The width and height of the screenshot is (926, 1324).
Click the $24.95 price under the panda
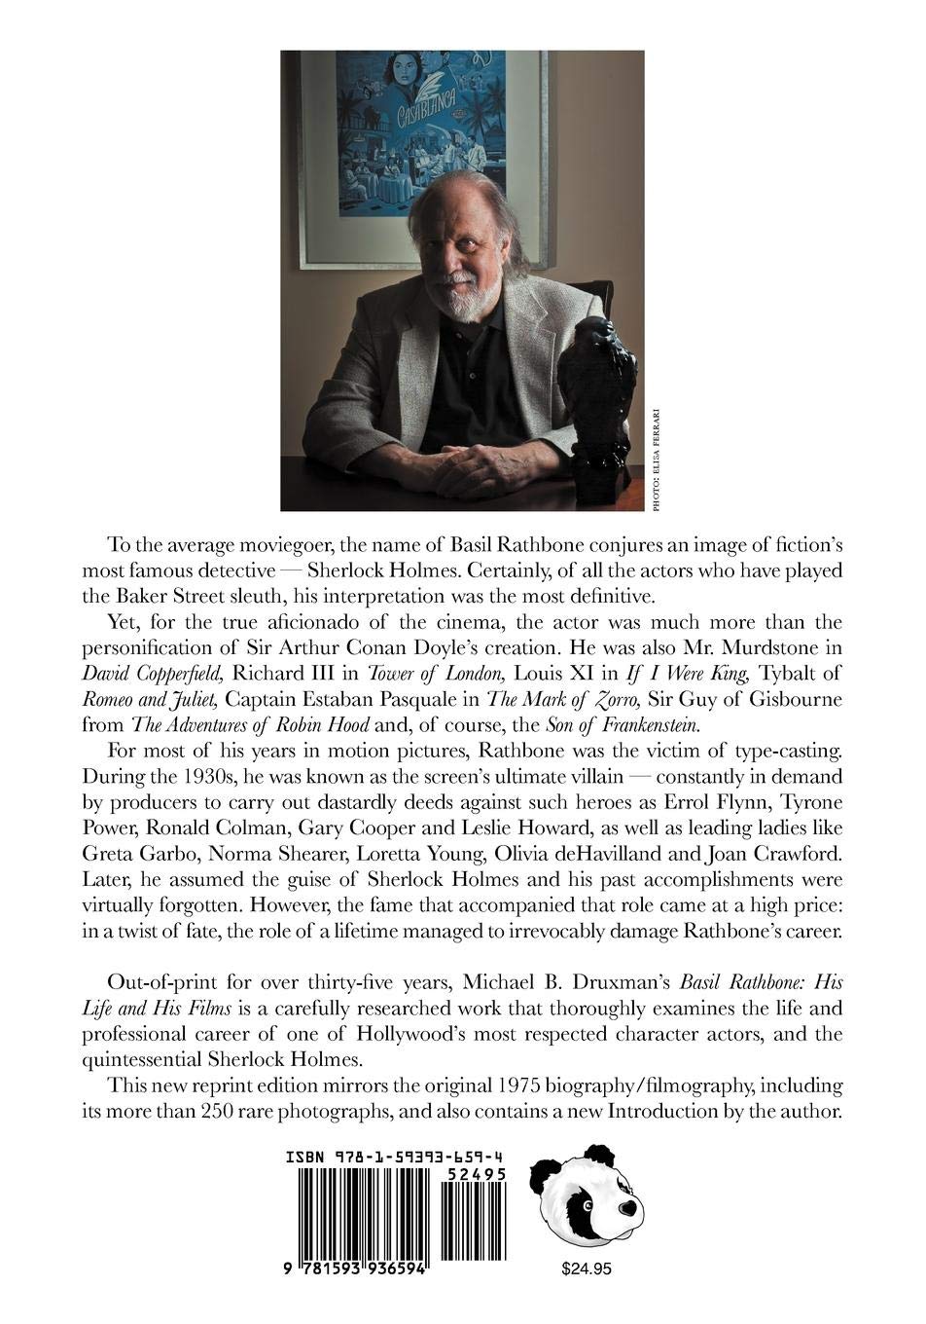[x=588, y=1269]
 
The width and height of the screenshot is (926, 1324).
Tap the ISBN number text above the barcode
[x=395, y=1157]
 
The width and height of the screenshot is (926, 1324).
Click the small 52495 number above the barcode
[x=474, y=1175]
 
